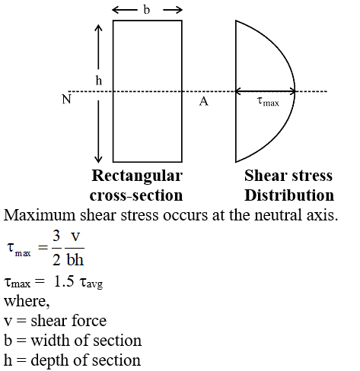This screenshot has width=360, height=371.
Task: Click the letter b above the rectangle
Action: (147, 10)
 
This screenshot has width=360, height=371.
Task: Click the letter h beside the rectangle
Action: (99, 81)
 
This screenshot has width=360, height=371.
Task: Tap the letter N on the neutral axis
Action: (66, 99)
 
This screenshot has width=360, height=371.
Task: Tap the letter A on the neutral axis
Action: (203, 101)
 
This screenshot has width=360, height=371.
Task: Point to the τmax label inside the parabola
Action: (268, 102)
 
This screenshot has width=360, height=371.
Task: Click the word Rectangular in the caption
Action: (137, 176)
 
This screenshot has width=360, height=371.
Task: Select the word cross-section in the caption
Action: (136, 195)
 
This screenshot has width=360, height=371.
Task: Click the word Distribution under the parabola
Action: (289, 195)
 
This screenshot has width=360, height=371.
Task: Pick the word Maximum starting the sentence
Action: (40, 215)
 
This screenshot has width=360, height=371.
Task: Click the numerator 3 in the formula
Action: (56, 236)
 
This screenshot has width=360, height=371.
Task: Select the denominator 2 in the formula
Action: (56, 259)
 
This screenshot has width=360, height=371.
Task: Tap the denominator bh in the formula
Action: (75, 259)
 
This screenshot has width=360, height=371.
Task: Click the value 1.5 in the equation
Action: (64, 281)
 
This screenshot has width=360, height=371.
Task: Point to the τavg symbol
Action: (91, 283)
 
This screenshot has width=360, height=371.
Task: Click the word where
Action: (27, 301)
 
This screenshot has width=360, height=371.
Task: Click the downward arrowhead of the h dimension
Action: (98, 160)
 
